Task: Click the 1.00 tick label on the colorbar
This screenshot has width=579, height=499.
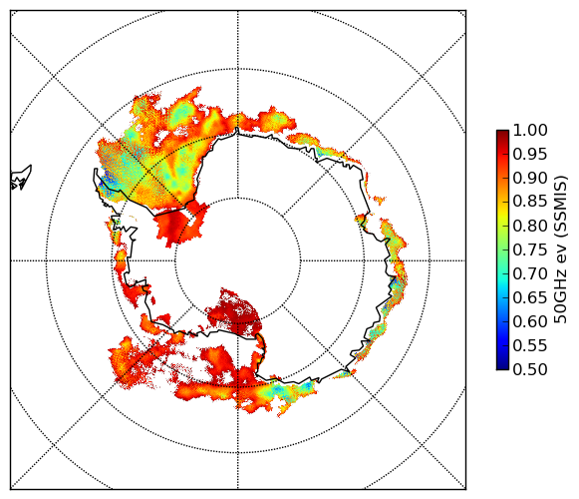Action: point(530,130)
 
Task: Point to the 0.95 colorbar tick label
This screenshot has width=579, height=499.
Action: point(530,155)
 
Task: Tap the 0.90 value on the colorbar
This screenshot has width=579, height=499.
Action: point(530,178)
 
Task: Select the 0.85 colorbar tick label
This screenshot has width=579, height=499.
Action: point(530,202)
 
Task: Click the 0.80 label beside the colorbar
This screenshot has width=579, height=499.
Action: point(530,226)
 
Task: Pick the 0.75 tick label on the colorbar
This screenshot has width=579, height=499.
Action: point(530,250)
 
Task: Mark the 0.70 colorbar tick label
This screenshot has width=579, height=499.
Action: point(530,274)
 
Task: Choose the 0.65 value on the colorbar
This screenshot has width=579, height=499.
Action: point(530,297)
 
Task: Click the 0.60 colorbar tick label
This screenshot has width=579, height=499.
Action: point(530,321)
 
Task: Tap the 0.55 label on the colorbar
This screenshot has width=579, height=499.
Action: point(530,346)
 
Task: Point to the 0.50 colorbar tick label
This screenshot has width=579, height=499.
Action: point(530,369)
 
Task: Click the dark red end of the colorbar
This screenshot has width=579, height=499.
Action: point(502,133)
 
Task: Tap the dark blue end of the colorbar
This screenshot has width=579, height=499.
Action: point(502,366)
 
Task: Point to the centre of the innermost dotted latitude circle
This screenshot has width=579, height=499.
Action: point(238,260)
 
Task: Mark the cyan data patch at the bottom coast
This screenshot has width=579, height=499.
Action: point(292,390)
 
